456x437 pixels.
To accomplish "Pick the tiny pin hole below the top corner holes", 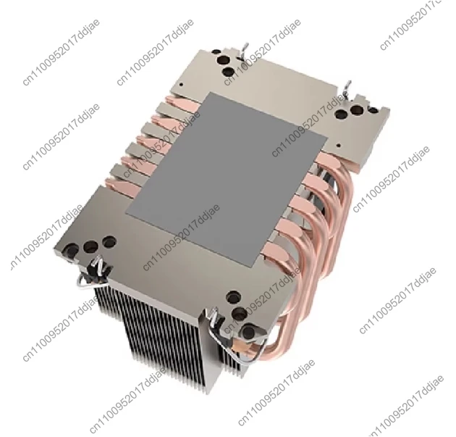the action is (181, 85).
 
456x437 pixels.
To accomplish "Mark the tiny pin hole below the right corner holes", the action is (338, 145).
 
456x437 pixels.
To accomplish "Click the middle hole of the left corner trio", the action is (90, 247).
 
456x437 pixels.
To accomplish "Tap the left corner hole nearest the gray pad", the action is (109, 241).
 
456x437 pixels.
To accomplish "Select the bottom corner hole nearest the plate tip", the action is (250, 331).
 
